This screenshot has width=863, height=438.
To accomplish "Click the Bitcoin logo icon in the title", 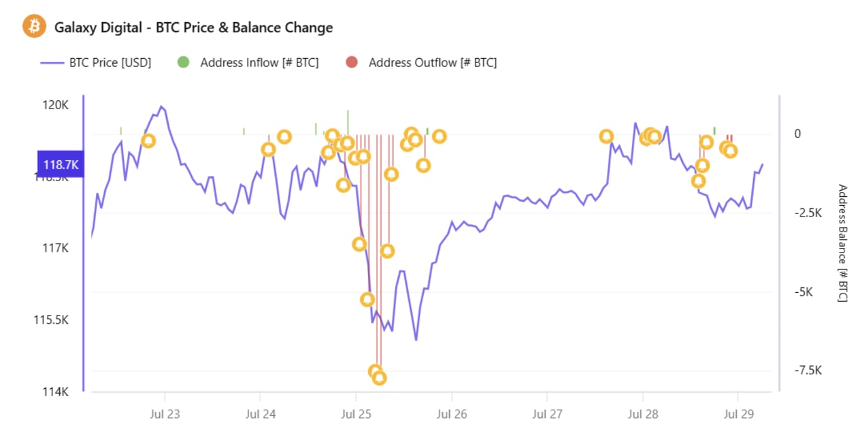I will (35, 27).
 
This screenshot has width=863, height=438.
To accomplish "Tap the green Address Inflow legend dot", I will (183, 62).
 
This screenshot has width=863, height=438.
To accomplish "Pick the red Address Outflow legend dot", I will (352, 62).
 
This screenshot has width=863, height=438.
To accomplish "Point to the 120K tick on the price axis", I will (56, 105).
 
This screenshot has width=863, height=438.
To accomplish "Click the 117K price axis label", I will (56, 248).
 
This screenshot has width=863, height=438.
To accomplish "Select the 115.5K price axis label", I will (51, 320).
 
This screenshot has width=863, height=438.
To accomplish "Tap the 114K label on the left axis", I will (56, 392).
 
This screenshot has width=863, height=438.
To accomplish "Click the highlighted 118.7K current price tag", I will (60, 165).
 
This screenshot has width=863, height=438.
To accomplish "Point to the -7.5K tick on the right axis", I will (808, 370).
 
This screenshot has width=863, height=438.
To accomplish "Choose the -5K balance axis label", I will (804, 292).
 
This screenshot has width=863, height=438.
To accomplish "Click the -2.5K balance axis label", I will (808, 213).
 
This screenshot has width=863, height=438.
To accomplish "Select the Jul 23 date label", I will (165, 415).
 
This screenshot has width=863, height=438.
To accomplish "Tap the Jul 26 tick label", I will (452, 415).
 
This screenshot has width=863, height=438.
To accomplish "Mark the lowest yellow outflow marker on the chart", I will (379, 378).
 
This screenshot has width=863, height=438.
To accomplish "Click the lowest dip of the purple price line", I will (416, 340).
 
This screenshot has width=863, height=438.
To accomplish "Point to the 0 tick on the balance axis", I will (797, 134).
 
